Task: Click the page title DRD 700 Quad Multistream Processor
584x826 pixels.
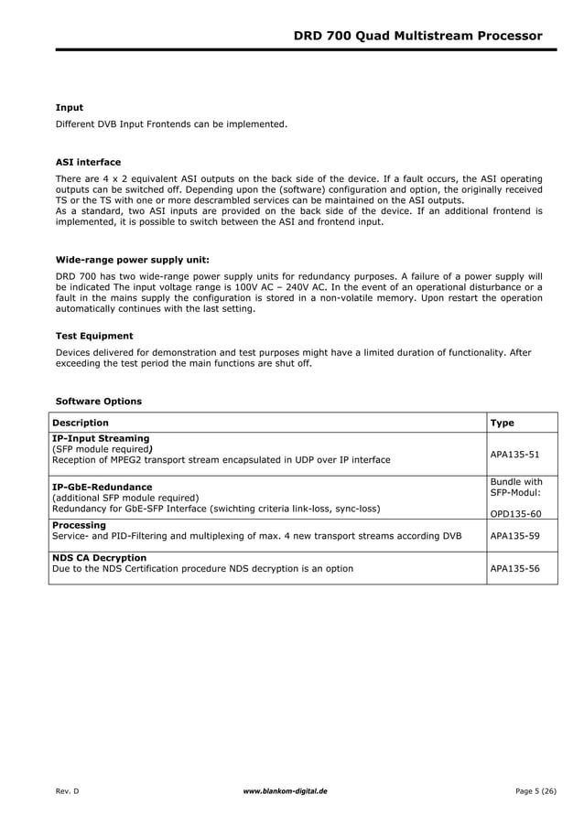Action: coord(417,36)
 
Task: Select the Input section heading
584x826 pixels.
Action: coord(70,108)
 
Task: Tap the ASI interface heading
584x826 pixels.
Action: coord(88,162)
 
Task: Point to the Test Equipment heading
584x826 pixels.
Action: coord(94,336)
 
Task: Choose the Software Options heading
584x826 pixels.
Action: coord(99,401)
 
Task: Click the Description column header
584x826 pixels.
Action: coord(81,423)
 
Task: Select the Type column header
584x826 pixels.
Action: coord(503,423)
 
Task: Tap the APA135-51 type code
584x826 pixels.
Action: coord(515,453)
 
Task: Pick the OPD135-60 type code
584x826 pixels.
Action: coord(515,513)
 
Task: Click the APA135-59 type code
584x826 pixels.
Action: coord(515,536)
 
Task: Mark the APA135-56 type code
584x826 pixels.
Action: coord(515,568)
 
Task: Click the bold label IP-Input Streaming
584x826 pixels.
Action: coord(101,438)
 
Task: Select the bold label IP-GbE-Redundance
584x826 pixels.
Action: coord(103,487)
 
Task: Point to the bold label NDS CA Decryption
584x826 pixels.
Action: coord(99,557)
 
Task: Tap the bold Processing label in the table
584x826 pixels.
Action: coord(80,525)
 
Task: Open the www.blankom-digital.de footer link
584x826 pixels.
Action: coord(285,788)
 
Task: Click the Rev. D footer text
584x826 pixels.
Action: coord(68,788)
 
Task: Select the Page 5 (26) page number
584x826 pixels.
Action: coord(530,788)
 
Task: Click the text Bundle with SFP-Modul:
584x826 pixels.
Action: coord(516,488)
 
